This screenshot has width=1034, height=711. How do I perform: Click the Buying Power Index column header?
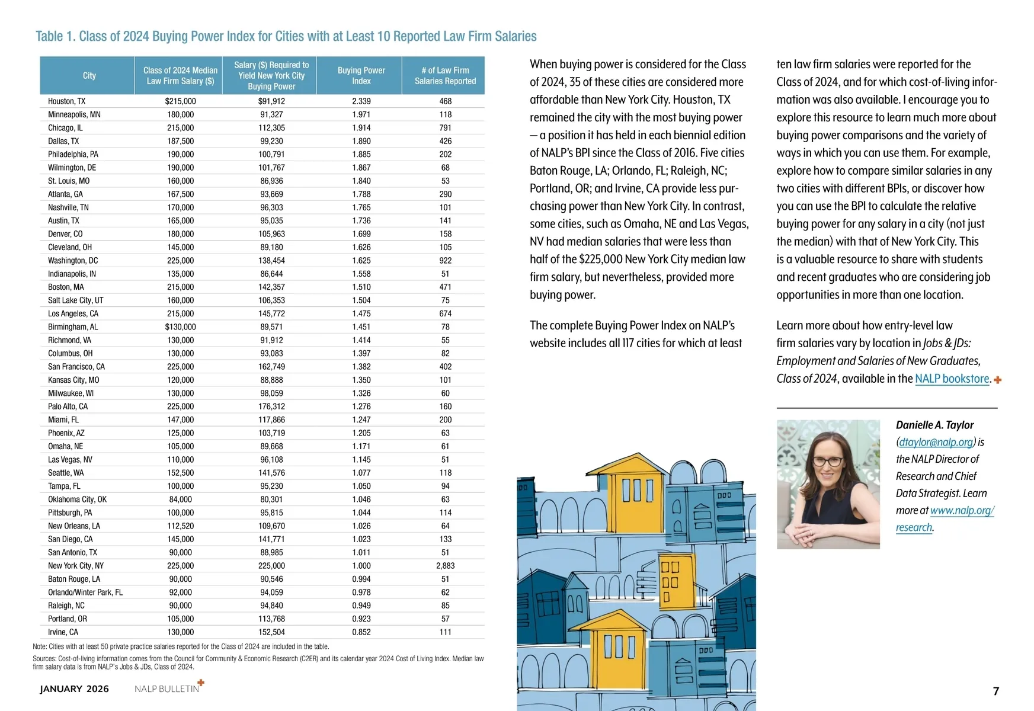click(x=361, y=75)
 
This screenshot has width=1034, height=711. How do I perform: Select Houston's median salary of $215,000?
click(x=180, y=101)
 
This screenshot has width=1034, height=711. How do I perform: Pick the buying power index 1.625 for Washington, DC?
click(x=361, y=261)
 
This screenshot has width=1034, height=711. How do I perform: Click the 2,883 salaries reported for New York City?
click(x=445, y=566)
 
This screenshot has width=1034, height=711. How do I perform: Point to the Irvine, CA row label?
click(x=63, y=632)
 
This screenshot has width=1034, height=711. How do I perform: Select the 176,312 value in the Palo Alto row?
click(x=271, y=406)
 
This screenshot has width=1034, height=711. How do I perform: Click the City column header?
click(x=89, y=75)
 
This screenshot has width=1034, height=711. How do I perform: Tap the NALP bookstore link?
click(x=952, y=379)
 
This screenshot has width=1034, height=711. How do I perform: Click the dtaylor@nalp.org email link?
click(x=936, y=442)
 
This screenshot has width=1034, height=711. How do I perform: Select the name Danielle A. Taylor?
click(x=934, y=425)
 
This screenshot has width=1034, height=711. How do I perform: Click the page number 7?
click(x=995, y=691)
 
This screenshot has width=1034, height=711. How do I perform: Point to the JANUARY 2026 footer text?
click(x=74, y=688)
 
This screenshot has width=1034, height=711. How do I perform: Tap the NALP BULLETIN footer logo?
click(x=168, y=688)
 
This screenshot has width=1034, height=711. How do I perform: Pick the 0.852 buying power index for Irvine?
click(x=361, y=632)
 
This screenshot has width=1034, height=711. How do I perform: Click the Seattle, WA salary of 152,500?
click(x=180, y=473)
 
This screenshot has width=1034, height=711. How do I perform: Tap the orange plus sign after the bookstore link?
click(x=998, y=380)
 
